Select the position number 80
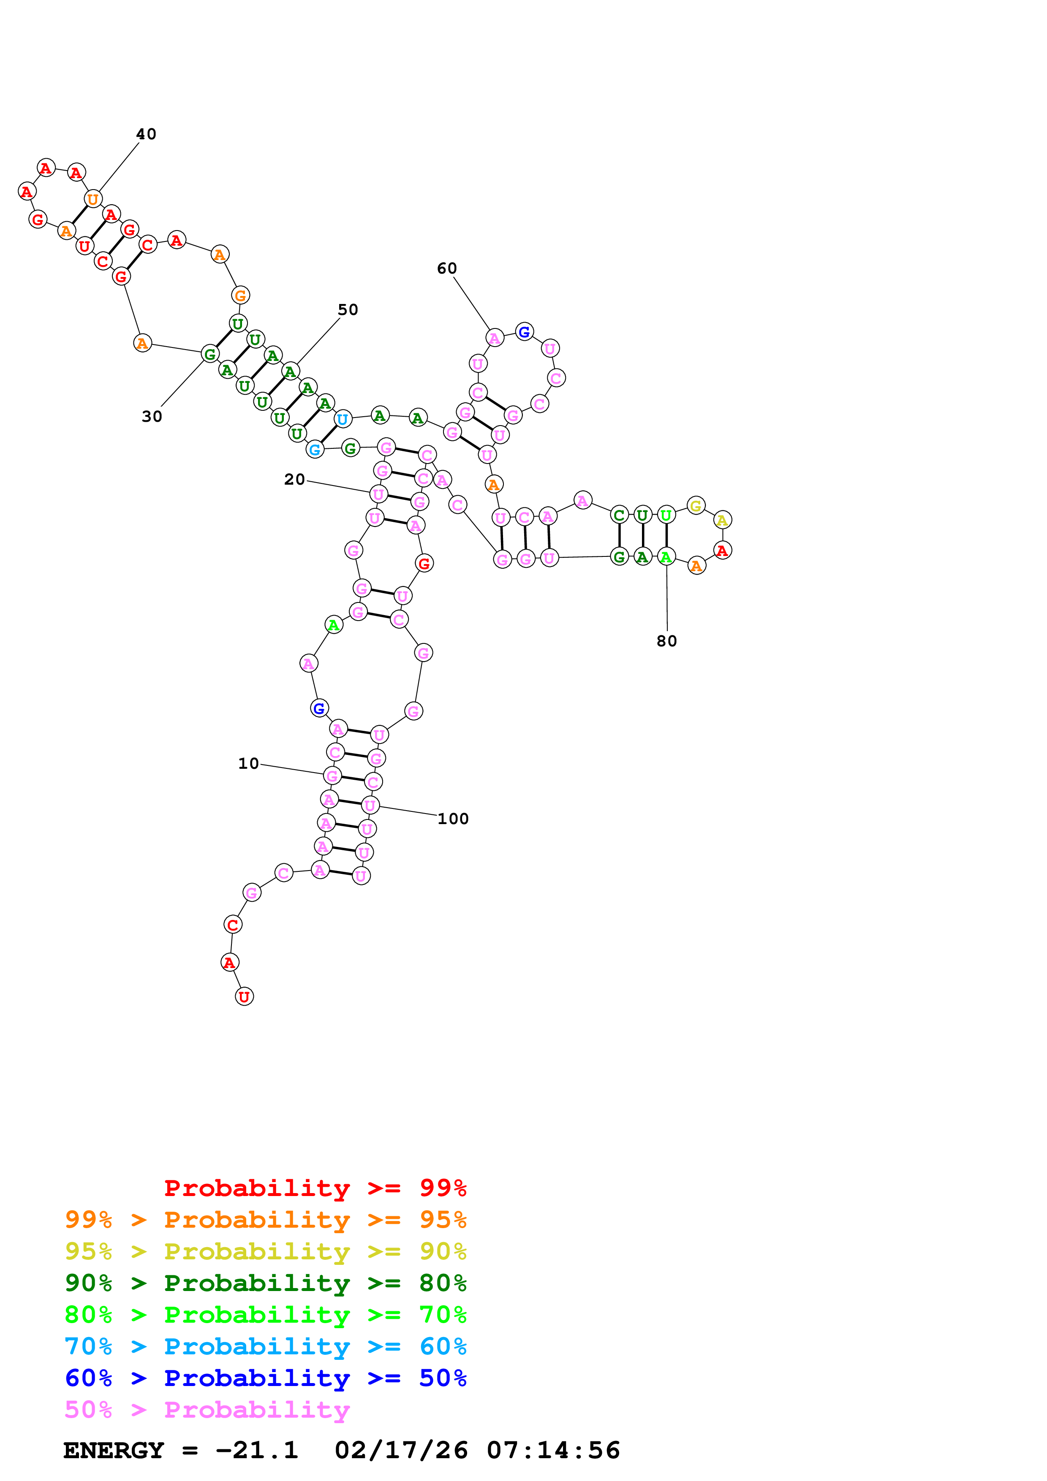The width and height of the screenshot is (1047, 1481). coord(666,641)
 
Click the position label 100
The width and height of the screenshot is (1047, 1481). coord(453,819)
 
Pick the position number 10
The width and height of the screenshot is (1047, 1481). coord(248,764)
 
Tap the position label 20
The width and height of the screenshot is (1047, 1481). coord(294,479)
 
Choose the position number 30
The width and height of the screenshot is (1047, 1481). coord(152,417)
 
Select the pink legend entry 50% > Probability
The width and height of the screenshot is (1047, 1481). coord(207,1410)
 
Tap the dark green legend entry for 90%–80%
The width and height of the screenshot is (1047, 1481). coord(265,1283)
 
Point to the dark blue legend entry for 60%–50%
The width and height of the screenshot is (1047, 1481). coord(265,1378)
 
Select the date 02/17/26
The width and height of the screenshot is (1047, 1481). coord(401,1451)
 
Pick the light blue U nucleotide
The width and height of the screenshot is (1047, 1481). coord(343,419)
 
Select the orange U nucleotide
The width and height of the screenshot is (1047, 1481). coord(93,199)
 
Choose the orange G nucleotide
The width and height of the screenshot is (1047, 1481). coord(240,296)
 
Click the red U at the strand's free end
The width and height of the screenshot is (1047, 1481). coord(244,997)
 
